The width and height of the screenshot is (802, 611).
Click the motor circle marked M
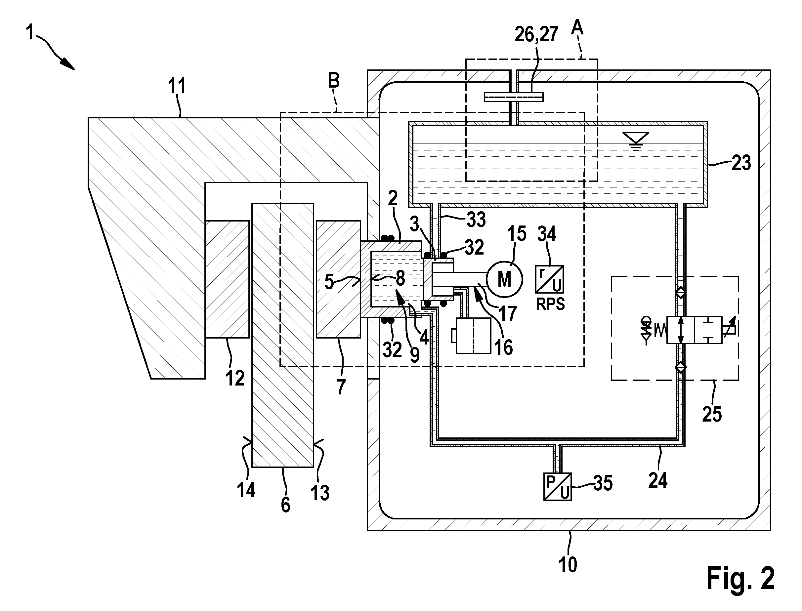(x=504, y=279)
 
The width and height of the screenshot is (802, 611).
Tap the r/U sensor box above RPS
(x=549, y=279)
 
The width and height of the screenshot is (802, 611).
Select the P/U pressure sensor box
(x=557, y=487)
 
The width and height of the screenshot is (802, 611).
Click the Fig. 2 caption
(x=740, y=578)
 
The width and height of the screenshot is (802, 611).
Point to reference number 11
(x=177, y=86)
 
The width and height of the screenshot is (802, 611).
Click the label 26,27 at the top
(x=536, y=34)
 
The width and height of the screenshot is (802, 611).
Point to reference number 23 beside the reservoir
(x=741, y=163)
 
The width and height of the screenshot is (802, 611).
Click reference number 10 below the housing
(x=568, y=565)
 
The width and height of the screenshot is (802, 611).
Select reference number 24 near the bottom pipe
(x=658, y=480)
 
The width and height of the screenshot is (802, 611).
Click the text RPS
(x=551, y=304)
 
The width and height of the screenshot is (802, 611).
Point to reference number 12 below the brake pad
(x=235, y=379)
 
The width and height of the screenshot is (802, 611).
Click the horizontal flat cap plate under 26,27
(x=514, y=97)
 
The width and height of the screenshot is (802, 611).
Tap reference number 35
(x=603, y=483)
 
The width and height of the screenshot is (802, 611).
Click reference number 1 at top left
(x=30, y=33)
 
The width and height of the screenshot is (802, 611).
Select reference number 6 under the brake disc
(x=285, y=505)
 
